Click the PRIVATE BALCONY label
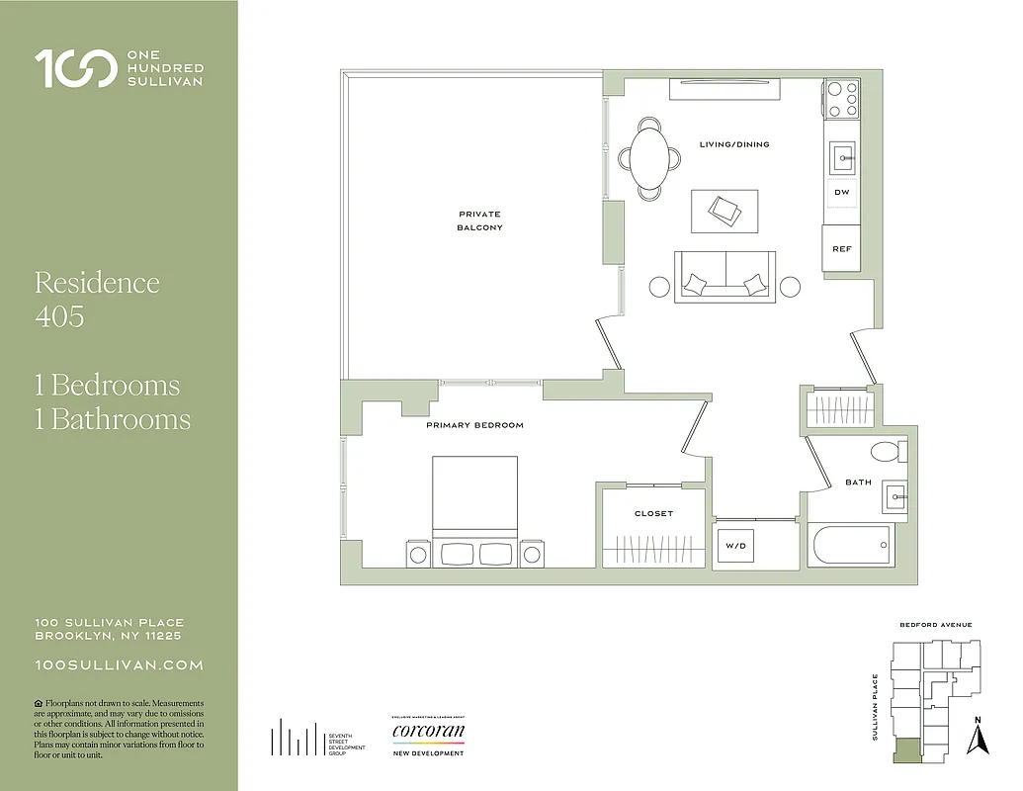click(479, 220)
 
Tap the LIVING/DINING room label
click(733, 144)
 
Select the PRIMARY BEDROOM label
click(474, 425)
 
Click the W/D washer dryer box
click(735, 545)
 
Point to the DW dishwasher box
click(841, 192)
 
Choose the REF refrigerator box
click(841, 249)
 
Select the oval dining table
click(649, 158)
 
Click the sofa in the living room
click(725, 277)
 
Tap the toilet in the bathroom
click(886, 453)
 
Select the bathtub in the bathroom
click(849, 546)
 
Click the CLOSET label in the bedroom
click(653, 513)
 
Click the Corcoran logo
click(428, 734)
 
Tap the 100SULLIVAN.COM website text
click(119, 665)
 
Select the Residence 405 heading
click(97, 299)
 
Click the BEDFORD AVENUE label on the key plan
click(935, 625)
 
